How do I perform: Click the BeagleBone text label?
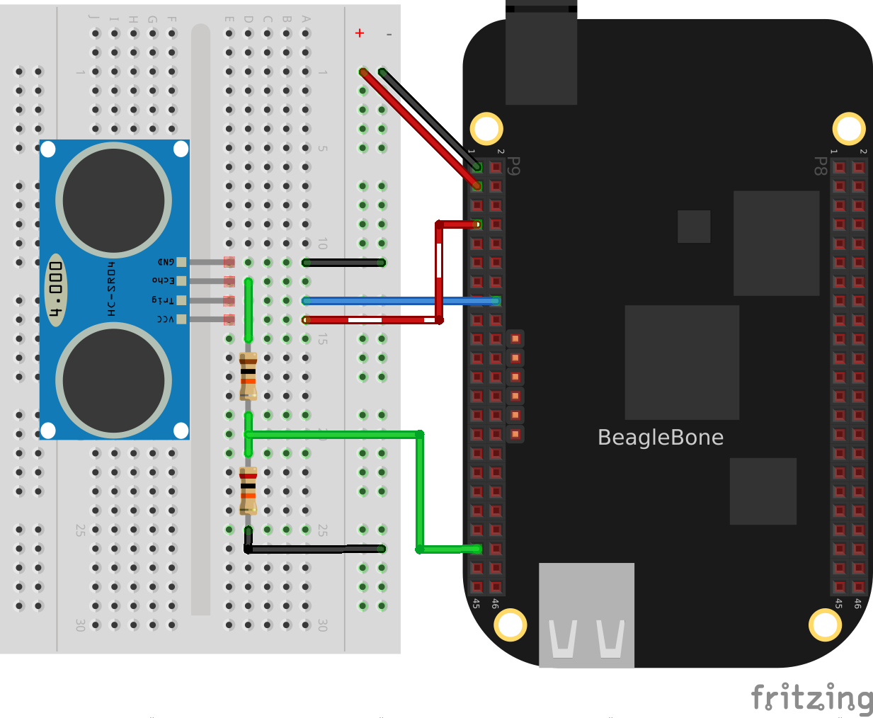pos(660,438)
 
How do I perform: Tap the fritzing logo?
pos(811,698)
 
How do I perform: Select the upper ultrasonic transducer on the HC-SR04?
pos(113,200)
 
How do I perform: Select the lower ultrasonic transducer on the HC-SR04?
pos(113,380)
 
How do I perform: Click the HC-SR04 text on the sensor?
pos(111,289)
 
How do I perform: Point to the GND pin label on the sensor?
pos(166,262)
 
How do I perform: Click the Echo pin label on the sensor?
pos(164,281)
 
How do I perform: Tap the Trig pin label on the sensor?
pos(162,300)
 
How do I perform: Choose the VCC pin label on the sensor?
pos(165,319)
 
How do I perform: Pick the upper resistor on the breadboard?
pos(248,375)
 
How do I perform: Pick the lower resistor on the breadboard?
pos(248,490)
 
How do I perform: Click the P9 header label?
pos(514,166)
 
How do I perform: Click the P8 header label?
pos(820,166)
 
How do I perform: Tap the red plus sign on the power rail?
pos(360,33)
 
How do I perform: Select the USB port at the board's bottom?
pos(586,615)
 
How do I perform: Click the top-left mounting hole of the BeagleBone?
pos(486,129)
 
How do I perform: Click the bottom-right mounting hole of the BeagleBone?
pos(825,625)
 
